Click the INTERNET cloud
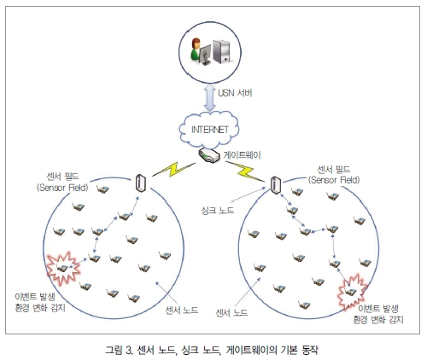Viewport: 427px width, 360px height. tap(209, 130)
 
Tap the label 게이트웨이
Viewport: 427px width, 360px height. tap(243, 155)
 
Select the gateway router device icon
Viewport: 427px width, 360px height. tap(209, 155)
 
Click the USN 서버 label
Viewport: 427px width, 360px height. tap(235, 93)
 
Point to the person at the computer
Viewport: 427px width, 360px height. tap(196, 49)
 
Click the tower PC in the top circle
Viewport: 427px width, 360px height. tap(221, 51)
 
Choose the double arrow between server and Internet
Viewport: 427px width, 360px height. tap(210, 97)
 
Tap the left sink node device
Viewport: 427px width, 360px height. tap(141, 183)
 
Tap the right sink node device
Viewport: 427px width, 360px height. tap(276, 185)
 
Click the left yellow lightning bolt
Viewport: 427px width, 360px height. tap(174, 170)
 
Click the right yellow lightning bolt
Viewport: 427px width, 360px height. tap(245, 171)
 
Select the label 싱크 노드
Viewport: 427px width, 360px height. tap(218, 211)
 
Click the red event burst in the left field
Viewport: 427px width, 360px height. tap(63, 268)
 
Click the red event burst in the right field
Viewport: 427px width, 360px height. tap(352, 292)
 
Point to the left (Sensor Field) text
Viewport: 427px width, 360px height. tap(62, 188)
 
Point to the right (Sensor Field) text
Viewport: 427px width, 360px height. tap(334, 180)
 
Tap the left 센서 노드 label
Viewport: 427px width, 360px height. tap(182, 310)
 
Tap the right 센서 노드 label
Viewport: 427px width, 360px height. tap(231, 313)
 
